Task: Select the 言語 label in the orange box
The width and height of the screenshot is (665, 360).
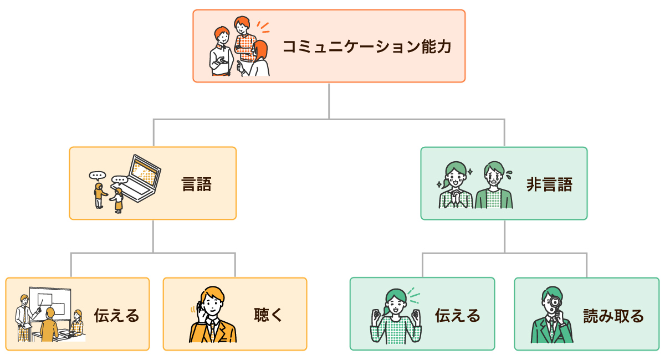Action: click(197, 184)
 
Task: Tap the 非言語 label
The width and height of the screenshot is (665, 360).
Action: click(549, 184)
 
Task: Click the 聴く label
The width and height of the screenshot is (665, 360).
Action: click(269, 315)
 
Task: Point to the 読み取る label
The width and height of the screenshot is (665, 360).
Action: click(613, 316)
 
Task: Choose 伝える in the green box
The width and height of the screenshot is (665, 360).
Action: click(457, 316)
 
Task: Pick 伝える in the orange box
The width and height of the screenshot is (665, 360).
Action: click(116, 316)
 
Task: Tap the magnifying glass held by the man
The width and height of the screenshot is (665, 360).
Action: click(554, 302)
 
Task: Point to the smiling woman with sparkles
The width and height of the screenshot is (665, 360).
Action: click(456, 186)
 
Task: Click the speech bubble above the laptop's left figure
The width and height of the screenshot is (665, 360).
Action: click(97, 176)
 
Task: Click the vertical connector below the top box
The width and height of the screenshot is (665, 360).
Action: click(329, 100)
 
